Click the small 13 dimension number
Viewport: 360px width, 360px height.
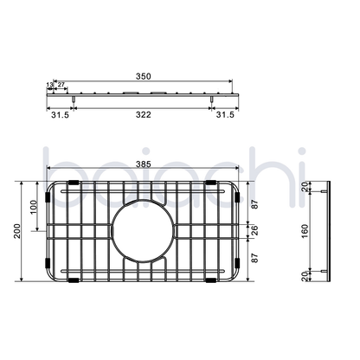click(48, 86)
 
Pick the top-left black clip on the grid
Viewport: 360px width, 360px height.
click(74, 183)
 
